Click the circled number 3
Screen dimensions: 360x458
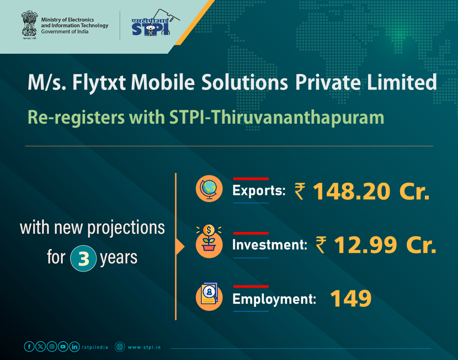point(83,258)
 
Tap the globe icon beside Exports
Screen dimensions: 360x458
point(209,189)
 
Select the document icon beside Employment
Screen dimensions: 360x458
point(209,297)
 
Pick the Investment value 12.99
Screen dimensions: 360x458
point(365,245)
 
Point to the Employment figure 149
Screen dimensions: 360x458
point(350,299)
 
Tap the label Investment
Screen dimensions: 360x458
point(269,245)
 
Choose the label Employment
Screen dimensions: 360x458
point(274,299)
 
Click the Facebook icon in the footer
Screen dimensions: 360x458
point(29,347)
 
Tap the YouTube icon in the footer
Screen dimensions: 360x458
point(63,347)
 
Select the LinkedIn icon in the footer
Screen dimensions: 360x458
point(74,347)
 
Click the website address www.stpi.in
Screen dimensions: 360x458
point(145,347)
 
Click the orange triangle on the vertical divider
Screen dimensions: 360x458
point(179,247)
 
